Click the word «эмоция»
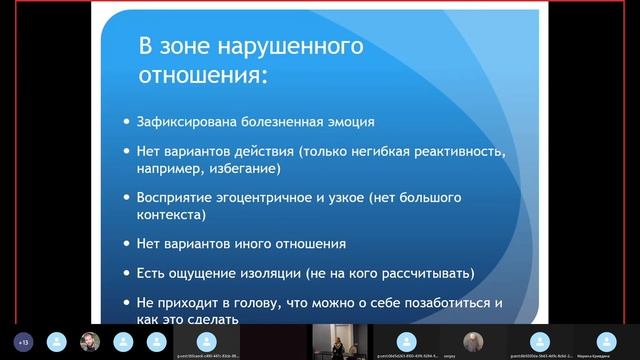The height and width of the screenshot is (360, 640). click(x=346, y=123)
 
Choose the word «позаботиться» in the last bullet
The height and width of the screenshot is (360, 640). click(x=425, y=301)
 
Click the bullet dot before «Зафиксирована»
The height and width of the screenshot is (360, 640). click(x=125, y=124)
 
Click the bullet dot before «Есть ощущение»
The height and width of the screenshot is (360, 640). click(x=125, y=273)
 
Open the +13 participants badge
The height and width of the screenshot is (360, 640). click(x=23, y=340)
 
